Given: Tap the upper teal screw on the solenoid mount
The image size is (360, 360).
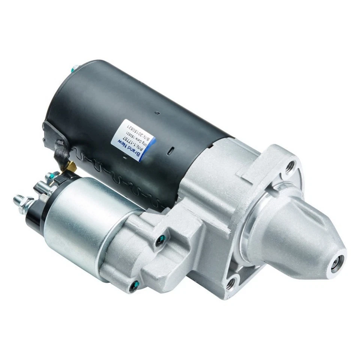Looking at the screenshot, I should (x=162, y=237).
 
